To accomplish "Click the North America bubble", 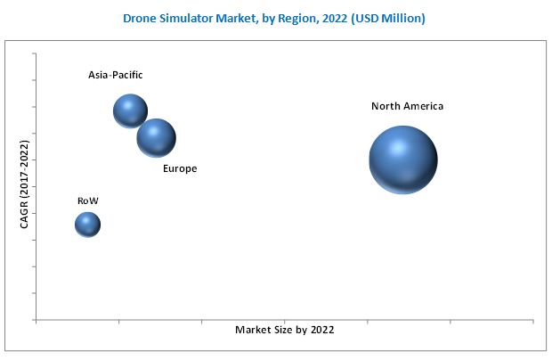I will tap(402, 160).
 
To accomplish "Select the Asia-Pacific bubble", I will tap(130, 110).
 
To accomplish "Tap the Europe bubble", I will tap(156, 137).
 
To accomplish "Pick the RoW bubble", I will tap(87, 224).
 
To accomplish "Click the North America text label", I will tap(407, 106).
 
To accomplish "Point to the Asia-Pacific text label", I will tap(115, 75).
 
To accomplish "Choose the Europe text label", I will tap(180, 168).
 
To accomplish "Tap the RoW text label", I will tap(87, 200).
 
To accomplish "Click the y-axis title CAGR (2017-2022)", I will tap(25, 184).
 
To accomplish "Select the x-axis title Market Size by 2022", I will tap(284, 330).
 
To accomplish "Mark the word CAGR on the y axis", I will tap(25, 214).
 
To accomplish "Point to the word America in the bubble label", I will tap(422, 106).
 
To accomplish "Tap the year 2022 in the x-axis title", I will tap(321, 330).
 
